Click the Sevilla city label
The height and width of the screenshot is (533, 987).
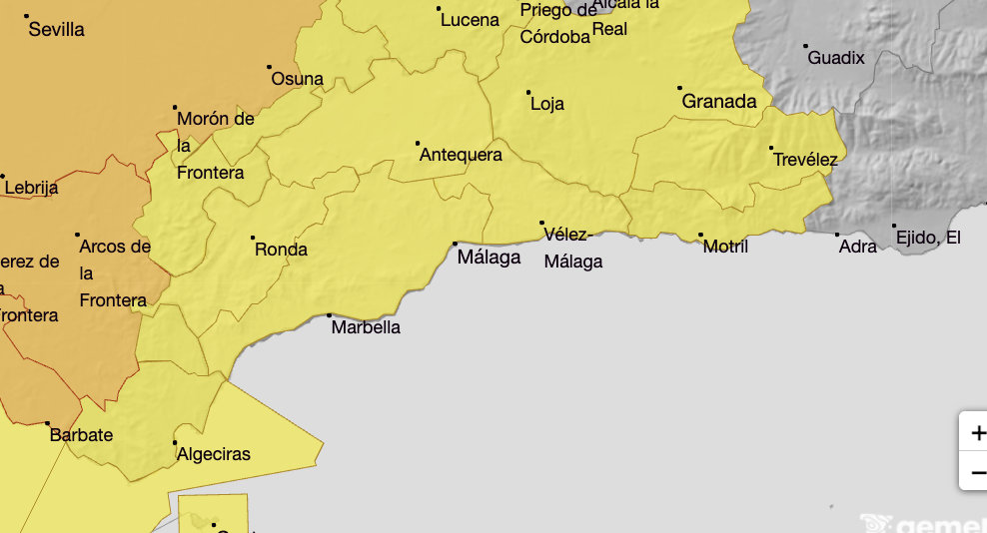56,30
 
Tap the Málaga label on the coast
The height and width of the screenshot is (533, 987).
489,258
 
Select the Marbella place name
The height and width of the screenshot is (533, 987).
366,327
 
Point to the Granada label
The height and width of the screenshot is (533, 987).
719,102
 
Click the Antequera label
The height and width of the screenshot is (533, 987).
461,156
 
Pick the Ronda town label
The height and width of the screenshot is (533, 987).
281,250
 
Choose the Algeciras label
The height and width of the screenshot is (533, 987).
213,455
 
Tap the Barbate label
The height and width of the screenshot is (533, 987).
82,436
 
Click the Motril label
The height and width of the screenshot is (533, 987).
725,247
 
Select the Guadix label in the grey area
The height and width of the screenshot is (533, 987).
836,58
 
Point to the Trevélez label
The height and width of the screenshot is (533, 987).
805,160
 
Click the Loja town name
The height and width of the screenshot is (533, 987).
547,104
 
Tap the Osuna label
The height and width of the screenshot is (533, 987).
298,79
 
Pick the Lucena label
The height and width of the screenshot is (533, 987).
470,20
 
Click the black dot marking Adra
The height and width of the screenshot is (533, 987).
837,235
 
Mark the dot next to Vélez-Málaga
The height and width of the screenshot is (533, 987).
542,223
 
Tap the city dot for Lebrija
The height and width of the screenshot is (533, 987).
3,177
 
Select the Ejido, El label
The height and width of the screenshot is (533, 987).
928,238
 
